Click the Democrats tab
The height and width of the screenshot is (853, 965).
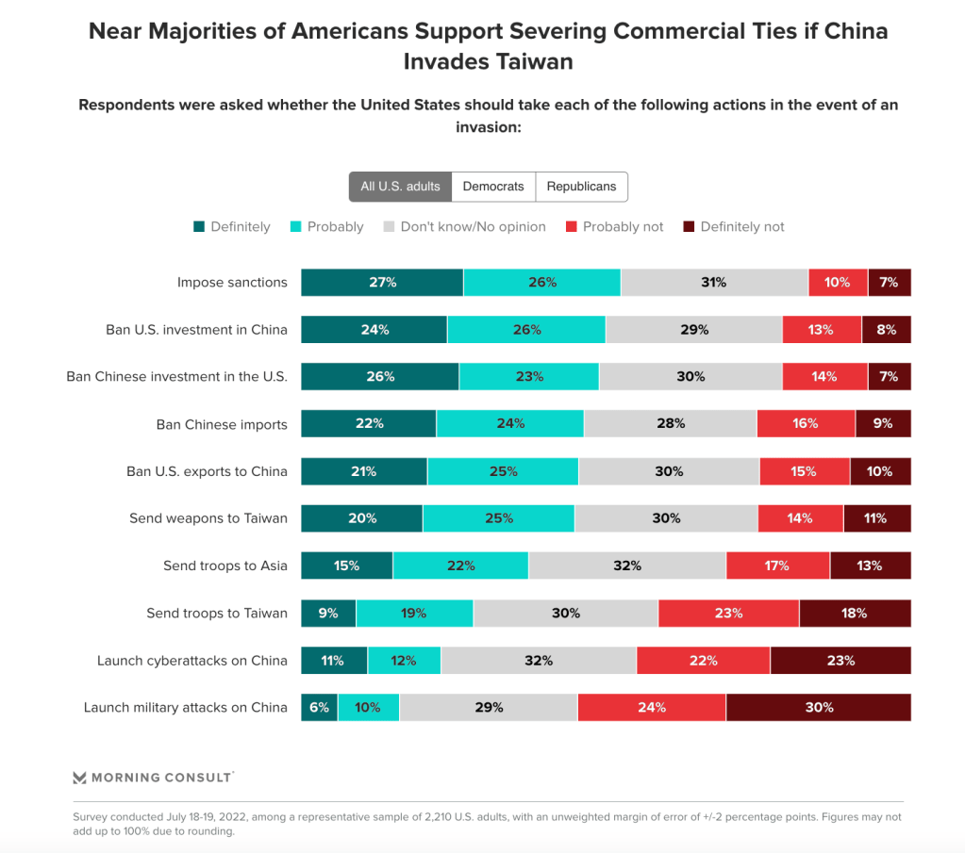point(493,187)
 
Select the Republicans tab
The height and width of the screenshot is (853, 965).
point(581,187)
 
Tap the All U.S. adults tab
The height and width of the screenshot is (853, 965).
point(400,187)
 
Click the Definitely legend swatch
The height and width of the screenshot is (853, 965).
point(199,227)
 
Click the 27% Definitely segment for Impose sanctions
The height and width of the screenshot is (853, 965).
point(382,283)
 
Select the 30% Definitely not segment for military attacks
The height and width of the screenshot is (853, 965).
point(818,707)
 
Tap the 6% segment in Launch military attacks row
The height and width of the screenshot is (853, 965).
point(319,707)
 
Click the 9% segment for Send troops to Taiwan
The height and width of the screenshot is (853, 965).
point(328,613)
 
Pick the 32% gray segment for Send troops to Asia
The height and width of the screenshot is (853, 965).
point(627,566)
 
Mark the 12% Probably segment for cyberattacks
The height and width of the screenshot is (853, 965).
point(404,660)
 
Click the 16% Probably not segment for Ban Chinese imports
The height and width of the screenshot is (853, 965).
point(806,424)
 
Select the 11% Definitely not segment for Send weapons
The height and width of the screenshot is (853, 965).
point(877,518)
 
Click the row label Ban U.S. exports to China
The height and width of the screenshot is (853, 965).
point(207,471)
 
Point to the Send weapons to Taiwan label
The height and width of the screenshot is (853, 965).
point(208,518)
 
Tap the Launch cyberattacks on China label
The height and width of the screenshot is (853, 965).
point(191,660)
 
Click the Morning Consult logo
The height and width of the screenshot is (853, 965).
point(153,778)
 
